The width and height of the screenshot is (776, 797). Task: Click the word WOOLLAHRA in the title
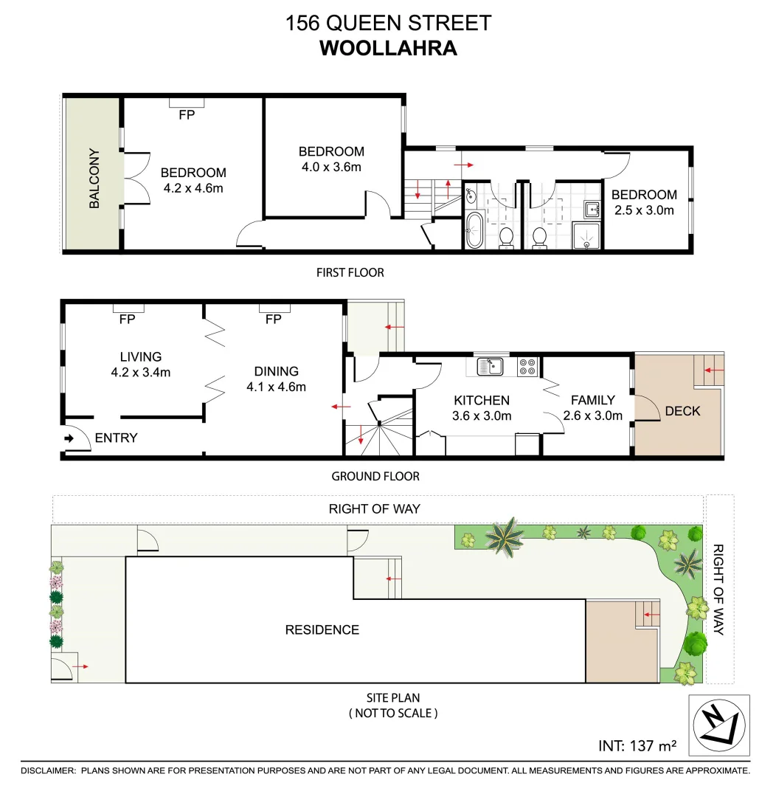388,48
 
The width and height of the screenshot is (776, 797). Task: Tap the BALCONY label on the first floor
94,179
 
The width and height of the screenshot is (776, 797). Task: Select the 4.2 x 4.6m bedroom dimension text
193,187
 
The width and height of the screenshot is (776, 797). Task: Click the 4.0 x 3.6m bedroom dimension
331,167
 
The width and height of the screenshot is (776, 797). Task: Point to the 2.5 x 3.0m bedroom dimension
644,210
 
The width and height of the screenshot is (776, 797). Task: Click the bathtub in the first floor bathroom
474,230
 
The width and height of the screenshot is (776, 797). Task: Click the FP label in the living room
127,320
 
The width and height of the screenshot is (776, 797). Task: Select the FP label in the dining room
274,320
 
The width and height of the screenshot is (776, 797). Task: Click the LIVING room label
141,356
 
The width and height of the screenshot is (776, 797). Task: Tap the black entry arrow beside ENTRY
69,438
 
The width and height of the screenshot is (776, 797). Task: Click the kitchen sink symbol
491,365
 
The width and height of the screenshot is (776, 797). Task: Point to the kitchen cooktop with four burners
527,365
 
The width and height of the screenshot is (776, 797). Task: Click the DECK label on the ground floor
682,411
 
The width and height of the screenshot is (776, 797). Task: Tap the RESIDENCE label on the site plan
322,629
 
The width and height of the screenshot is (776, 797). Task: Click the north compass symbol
718,725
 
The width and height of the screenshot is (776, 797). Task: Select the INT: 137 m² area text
637,746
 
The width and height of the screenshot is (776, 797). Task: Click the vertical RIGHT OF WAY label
718,590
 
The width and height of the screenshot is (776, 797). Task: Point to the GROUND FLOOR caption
375,476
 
